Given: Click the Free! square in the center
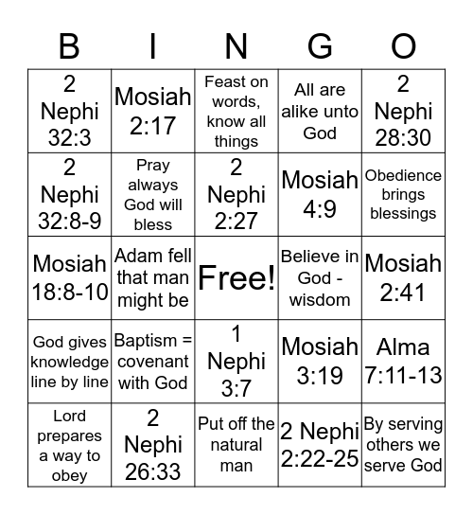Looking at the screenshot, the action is coord(236,278).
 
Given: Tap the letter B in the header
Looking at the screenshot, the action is coord(69,45).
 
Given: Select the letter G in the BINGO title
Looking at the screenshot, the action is coord(320,45).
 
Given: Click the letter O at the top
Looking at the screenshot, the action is coord(403,45).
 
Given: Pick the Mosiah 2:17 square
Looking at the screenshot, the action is coord(152,110).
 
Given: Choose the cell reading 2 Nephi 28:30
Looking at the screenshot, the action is coord(403,110).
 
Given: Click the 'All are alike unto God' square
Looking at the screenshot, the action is coord(320,110).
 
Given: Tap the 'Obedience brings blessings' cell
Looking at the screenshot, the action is coord(403,194).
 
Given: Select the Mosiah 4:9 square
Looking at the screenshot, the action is coord(320,194).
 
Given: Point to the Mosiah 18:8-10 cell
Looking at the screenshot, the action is coord(69,278).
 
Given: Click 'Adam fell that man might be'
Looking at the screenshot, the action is coord(152,278).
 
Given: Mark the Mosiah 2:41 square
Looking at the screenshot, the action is coord(403,278).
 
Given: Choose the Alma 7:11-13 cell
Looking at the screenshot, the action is coord(403,362).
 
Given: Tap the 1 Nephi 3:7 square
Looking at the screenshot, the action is coord(236,362).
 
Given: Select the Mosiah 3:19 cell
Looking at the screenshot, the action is coord(320,362).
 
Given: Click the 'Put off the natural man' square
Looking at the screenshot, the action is coord(236,445).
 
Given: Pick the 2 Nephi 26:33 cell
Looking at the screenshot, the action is coord(152,445).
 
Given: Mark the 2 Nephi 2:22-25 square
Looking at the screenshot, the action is coord(320,445).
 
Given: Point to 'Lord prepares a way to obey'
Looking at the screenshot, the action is coord(69,445).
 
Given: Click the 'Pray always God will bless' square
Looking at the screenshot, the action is coord(152,194).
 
